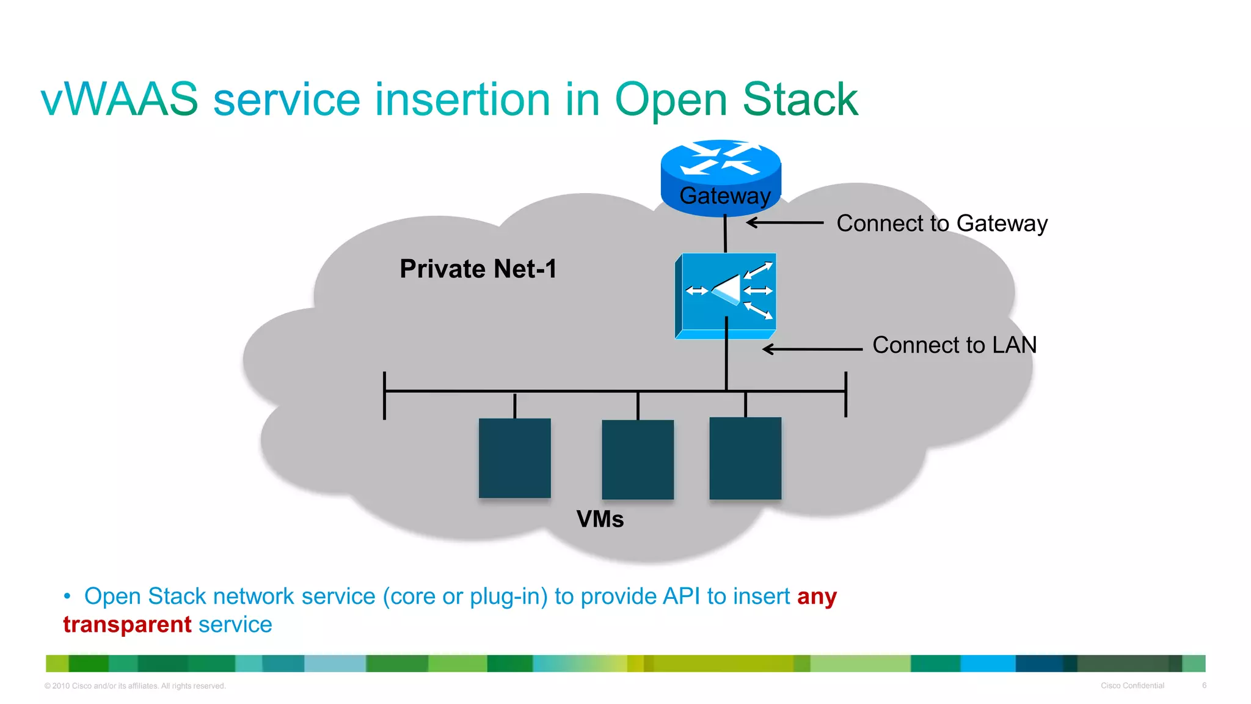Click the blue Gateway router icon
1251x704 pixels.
pos(721,177)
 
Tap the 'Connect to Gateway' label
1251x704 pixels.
pos(941,224)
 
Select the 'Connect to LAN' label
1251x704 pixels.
pos(954,345)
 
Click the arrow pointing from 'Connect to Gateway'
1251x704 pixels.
pos(786,223)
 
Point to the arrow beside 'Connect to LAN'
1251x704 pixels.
pos(812,350)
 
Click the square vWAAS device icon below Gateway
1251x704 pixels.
pos(726,296)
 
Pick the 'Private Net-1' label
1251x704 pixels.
pos(478,269)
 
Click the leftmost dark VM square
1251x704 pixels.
pos(514,458)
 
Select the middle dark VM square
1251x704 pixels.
pos(638,459)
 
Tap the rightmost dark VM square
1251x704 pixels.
pos(745,458)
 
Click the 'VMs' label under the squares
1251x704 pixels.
pos(600,519)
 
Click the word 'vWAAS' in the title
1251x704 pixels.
pos(120,100)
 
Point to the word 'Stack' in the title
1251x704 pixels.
pos(800,100)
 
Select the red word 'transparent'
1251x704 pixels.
pos(127,625)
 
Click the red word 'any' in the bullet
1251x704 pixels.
pos(817,596)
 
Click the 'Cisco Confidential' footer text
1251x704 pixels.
pos(1132,686)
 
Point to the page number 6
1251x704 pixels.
pos(1204,686)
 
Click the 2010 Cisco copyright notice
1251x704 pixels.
pos(135,686)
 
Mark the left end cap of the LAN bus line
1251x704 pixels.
pos(384,395)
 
